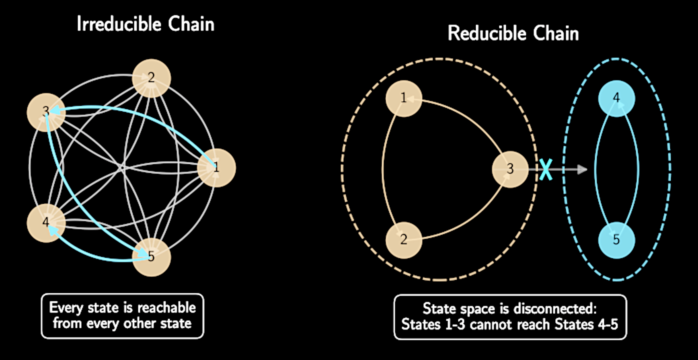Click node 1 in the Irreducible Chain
[x=216, y=168]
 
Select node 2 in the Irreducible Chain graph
[x=152, y=78]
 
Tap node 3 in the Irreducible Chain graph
[x=46, y=112]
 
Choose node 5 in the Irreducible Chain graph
[x=152, y=257]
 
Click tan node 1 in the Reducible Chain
[x=404, y=98]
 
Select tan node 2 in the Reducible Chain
[x=404, y=240]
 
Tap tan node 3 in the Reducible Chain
[x=510, y=169]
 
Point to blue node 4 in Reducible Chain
[x=616, y=98]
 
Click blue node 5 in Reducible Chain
[x=616, y=240]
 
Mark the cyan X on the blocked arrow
[x=546, y=169]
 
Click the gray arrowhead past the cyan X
[x=582, y=170]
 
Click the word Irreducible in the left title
[x=119, y=24]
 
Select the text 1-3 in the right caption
[x=455, y=324]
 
